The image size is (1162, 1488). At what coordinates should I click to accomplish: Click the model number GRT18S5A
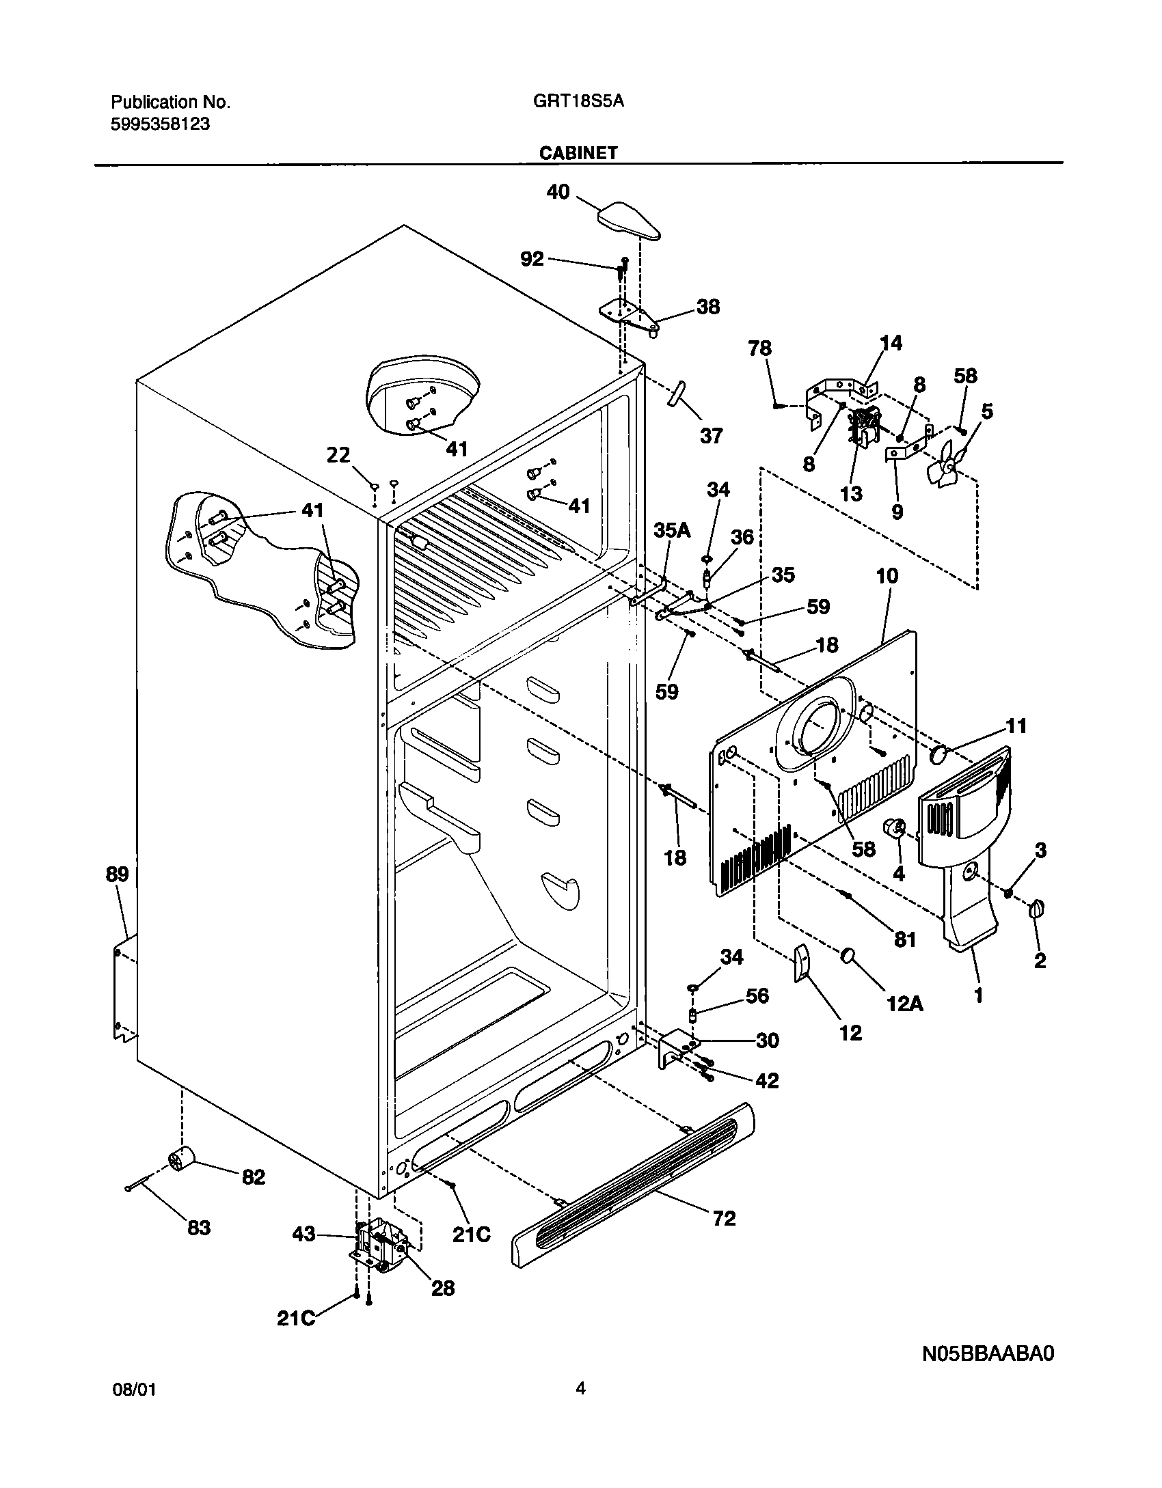tap(578, 102)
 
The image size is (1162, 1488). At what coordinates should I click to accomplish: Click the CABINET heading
tap(578, 153)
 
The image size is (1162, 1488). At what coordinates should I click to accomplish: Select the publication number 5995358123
tap(160, 124)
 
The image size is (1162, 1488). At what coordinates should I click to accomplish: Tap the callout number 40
tap(558, 192)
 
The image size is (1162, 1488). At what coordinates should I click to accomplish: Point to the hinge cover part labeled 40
tap(630, 221)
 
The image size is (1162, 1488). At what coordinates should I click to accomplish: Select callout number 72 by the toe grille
tap(725, 1218)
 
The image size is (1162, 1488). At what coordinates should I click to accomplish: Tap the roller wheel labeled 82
tap(181, 1159)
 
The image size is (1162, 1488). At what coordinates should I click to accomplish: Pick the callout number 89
tap(118, 874)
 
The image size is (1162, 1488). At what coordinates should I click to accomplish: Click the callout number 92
tap(532, 258)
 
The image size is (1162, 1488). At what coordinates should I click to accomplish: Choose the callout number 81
tap(904, 940)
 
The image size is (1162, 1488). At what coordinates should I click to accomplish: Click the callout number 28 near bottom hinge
tap(443, 1288)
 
